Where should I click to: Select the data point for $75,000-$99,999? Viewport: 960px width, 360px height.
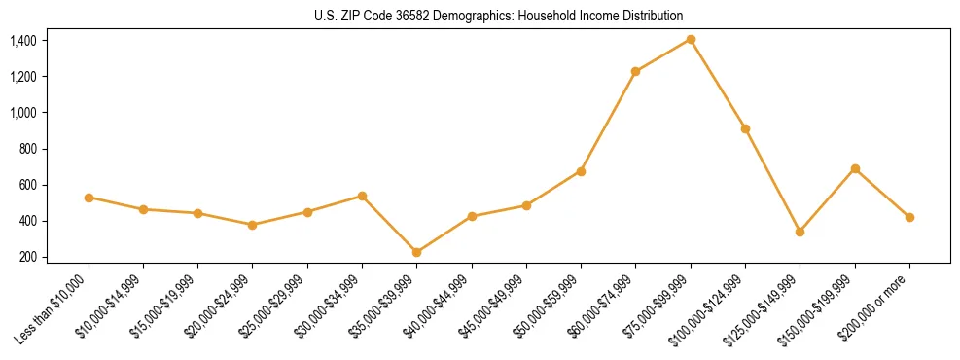click(x=691, y=39)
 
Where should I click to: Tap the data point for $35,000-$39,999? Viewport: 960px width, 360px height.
click(x=417, y=252)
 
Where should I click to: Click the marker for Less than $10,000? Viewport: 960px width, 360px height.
click(x=89, y=198)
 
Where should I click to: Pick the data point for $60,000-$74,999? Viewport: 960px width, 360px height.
click(x=636, y=71)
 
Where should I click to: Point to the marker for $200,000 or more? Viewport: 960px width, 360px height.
click(x=909, y=217)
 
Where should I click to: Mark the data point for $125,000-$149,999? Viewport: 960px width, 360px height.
click(x=800, y=232)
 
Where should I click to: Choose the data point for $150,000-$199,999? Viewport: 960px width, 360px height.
click(x=855, y=168)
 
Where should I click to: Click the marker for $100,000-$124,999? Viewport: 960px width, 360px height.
click(x=745, y=128)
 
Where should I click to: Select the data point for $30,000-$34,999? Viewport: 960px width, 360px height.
click(x=362, y=196)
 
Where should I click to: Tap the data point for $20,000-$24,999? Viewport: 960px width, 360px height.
click(x=253, y=225)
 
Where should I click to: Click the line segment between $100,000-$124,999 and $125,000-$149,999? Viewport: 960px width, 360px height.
click(x=772, y=180)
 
